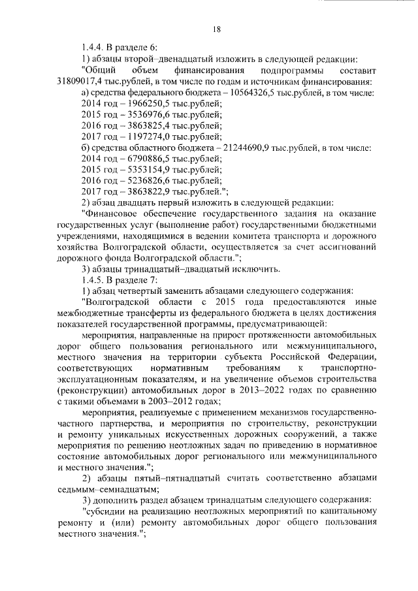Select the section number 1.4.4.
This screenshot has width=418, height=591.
click(x=91, y=48)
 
